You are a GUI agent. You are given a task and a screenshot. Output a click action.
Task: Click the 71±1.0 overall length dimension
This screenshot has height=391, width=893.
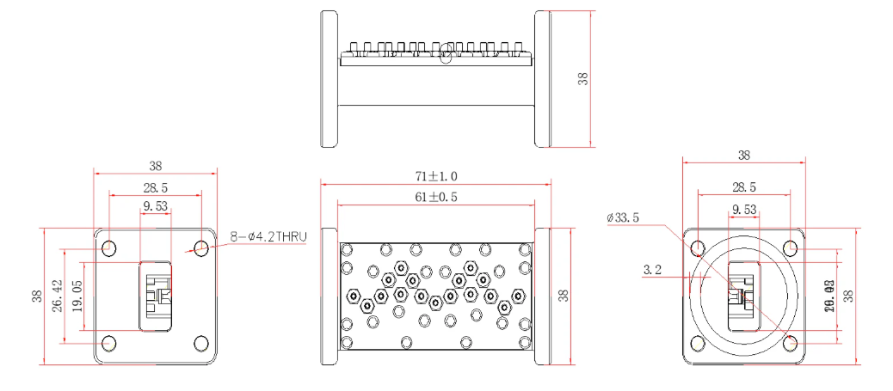pyautogui.click(x=435, y=176)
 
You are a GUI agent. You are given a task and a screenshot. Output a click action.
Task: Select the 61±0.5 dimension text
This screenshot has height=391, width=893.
pyautogui.click(x=435, y=197)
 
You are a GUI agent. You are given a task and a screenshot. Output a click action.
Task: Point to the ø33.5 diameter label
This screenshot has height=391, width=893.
pyautogui.click(x=623, y=218)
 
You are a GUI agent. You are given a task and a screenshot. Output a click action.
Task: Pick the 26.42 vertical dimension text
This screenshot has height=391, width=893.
pyautogui.click(x=58, y=296)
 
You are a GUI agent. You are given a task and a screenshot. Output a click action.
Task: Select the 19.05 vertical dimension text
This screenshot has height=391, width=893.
pyautogui.click(x=77, y=296)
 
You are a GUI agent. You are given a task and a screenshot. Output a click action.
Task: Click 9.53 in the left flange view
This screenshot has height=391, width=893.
pyautogui.click(x=155, y=207)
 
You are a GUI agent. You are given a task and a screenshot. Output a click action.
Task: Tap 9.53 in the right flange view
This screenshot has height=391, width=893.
pyautogui.click(x=744, y=209)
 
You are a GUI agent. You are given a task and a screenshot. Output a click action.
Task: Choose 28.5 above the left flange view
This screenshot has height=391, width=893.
pyautogui.click(x=155, y=186)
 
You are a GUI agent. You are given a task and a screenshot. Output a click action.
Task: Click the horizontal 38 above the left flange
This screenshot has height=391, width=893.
pyautogui.click(x=155, y=166)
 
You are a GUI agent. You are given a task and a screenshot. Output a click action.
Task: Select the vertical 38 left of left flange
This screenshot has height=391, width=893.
pyautogui.click(x=37, y=296)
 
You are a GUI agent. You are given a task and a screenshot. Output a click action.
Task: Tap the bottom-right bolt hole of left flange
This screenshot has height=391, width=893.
pyautogui.click(x=201, y=343)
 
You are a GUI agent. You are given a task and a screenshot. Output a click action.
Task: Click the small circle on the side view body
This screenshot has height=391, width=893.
pyautogui.click(x=445, y=58)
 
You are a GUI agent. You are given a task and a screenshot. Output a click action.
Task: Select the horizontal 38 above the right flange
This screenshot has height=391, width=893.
pyautogui.click(x=744, y=156)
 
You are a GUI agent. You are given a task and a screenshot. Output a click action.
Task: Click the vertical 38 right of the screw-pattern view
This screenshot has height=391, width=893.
pyautogui.click(x=563, y=296)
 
